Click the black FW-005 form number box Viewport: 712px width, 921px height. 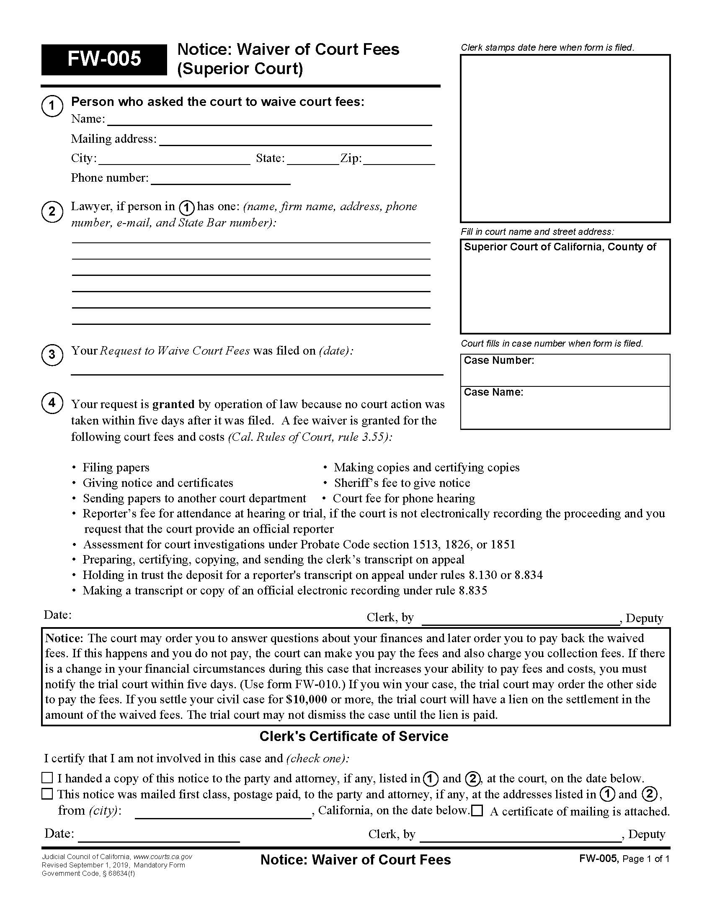click(x=104, y=59)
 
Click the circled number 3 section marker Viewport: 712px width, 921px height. click(x=52, y=354)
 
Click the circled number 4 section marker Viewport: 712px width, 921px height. click(x=52, y=403)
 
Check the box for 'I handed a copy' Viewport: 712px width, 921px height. click(x=48, y=778)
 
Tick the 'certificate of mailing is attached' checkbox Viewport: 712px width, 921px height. click(x=477, y=810)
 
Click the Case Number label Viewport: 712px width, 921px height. click(x=498, y=360)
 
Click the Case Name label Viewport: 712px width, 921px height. click(x=493, y=392)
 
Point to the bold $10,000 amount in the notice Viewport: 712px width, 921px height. click(x=306, y=699)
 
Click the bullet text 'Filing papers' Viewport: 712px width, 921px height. click(x=116, y=467)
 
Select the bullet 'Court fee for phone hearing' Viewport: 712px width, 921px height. click(x=403, y=498)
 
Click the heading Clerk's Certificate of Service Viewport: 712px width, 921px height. click(x=353, y=736)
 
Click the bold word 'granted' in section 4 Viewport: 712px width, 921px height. click(x=173, y=404)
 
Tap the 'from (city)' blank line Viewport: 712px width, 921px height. click(x=223, y=812)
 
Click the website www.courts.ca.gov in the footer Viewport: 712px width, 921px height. click(x=163, y=857)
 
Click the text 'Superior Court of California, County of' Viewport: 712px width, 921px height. click(x=560, y=247)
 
